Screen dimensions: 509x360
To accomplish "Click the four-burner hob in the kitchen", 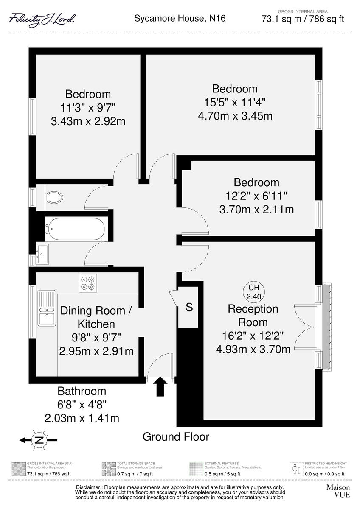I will tap(87, 283).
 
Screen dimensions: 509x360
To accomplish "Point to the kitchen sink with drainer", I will tap(47, 308).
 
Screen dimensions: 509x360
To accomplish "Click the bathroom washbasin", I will tap(42, 254).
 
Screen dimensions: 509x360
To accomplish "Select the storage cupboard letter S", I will tap(189, 307).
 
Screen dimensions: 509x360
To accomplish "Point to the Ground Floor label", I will tap(176, 436).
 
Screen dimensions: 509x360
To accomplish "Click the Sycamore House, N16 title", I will tap(180, 18).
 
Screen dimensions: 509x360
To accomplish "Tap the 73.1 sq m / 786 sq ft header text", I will tap(303, 19).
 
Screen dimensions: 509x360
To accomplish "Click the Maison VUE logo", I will tap(338, 491).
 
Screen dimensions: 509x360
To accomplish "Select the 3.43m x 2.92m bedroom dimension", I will tap(88, 121).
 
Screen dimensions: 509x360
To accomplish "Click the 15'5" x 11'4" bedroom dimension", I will tap(235, 102).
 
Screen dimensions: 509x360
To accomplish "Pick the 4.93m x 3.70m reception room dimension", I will tap(253, 349).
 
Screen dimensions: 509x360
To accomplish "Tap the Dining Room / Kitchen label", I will tap(96, 317).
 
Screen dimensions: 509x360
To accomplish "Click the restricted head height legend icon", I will tap(296, 469).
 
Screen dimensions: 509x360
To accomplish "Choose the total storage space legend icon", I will tap(108, 469).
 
